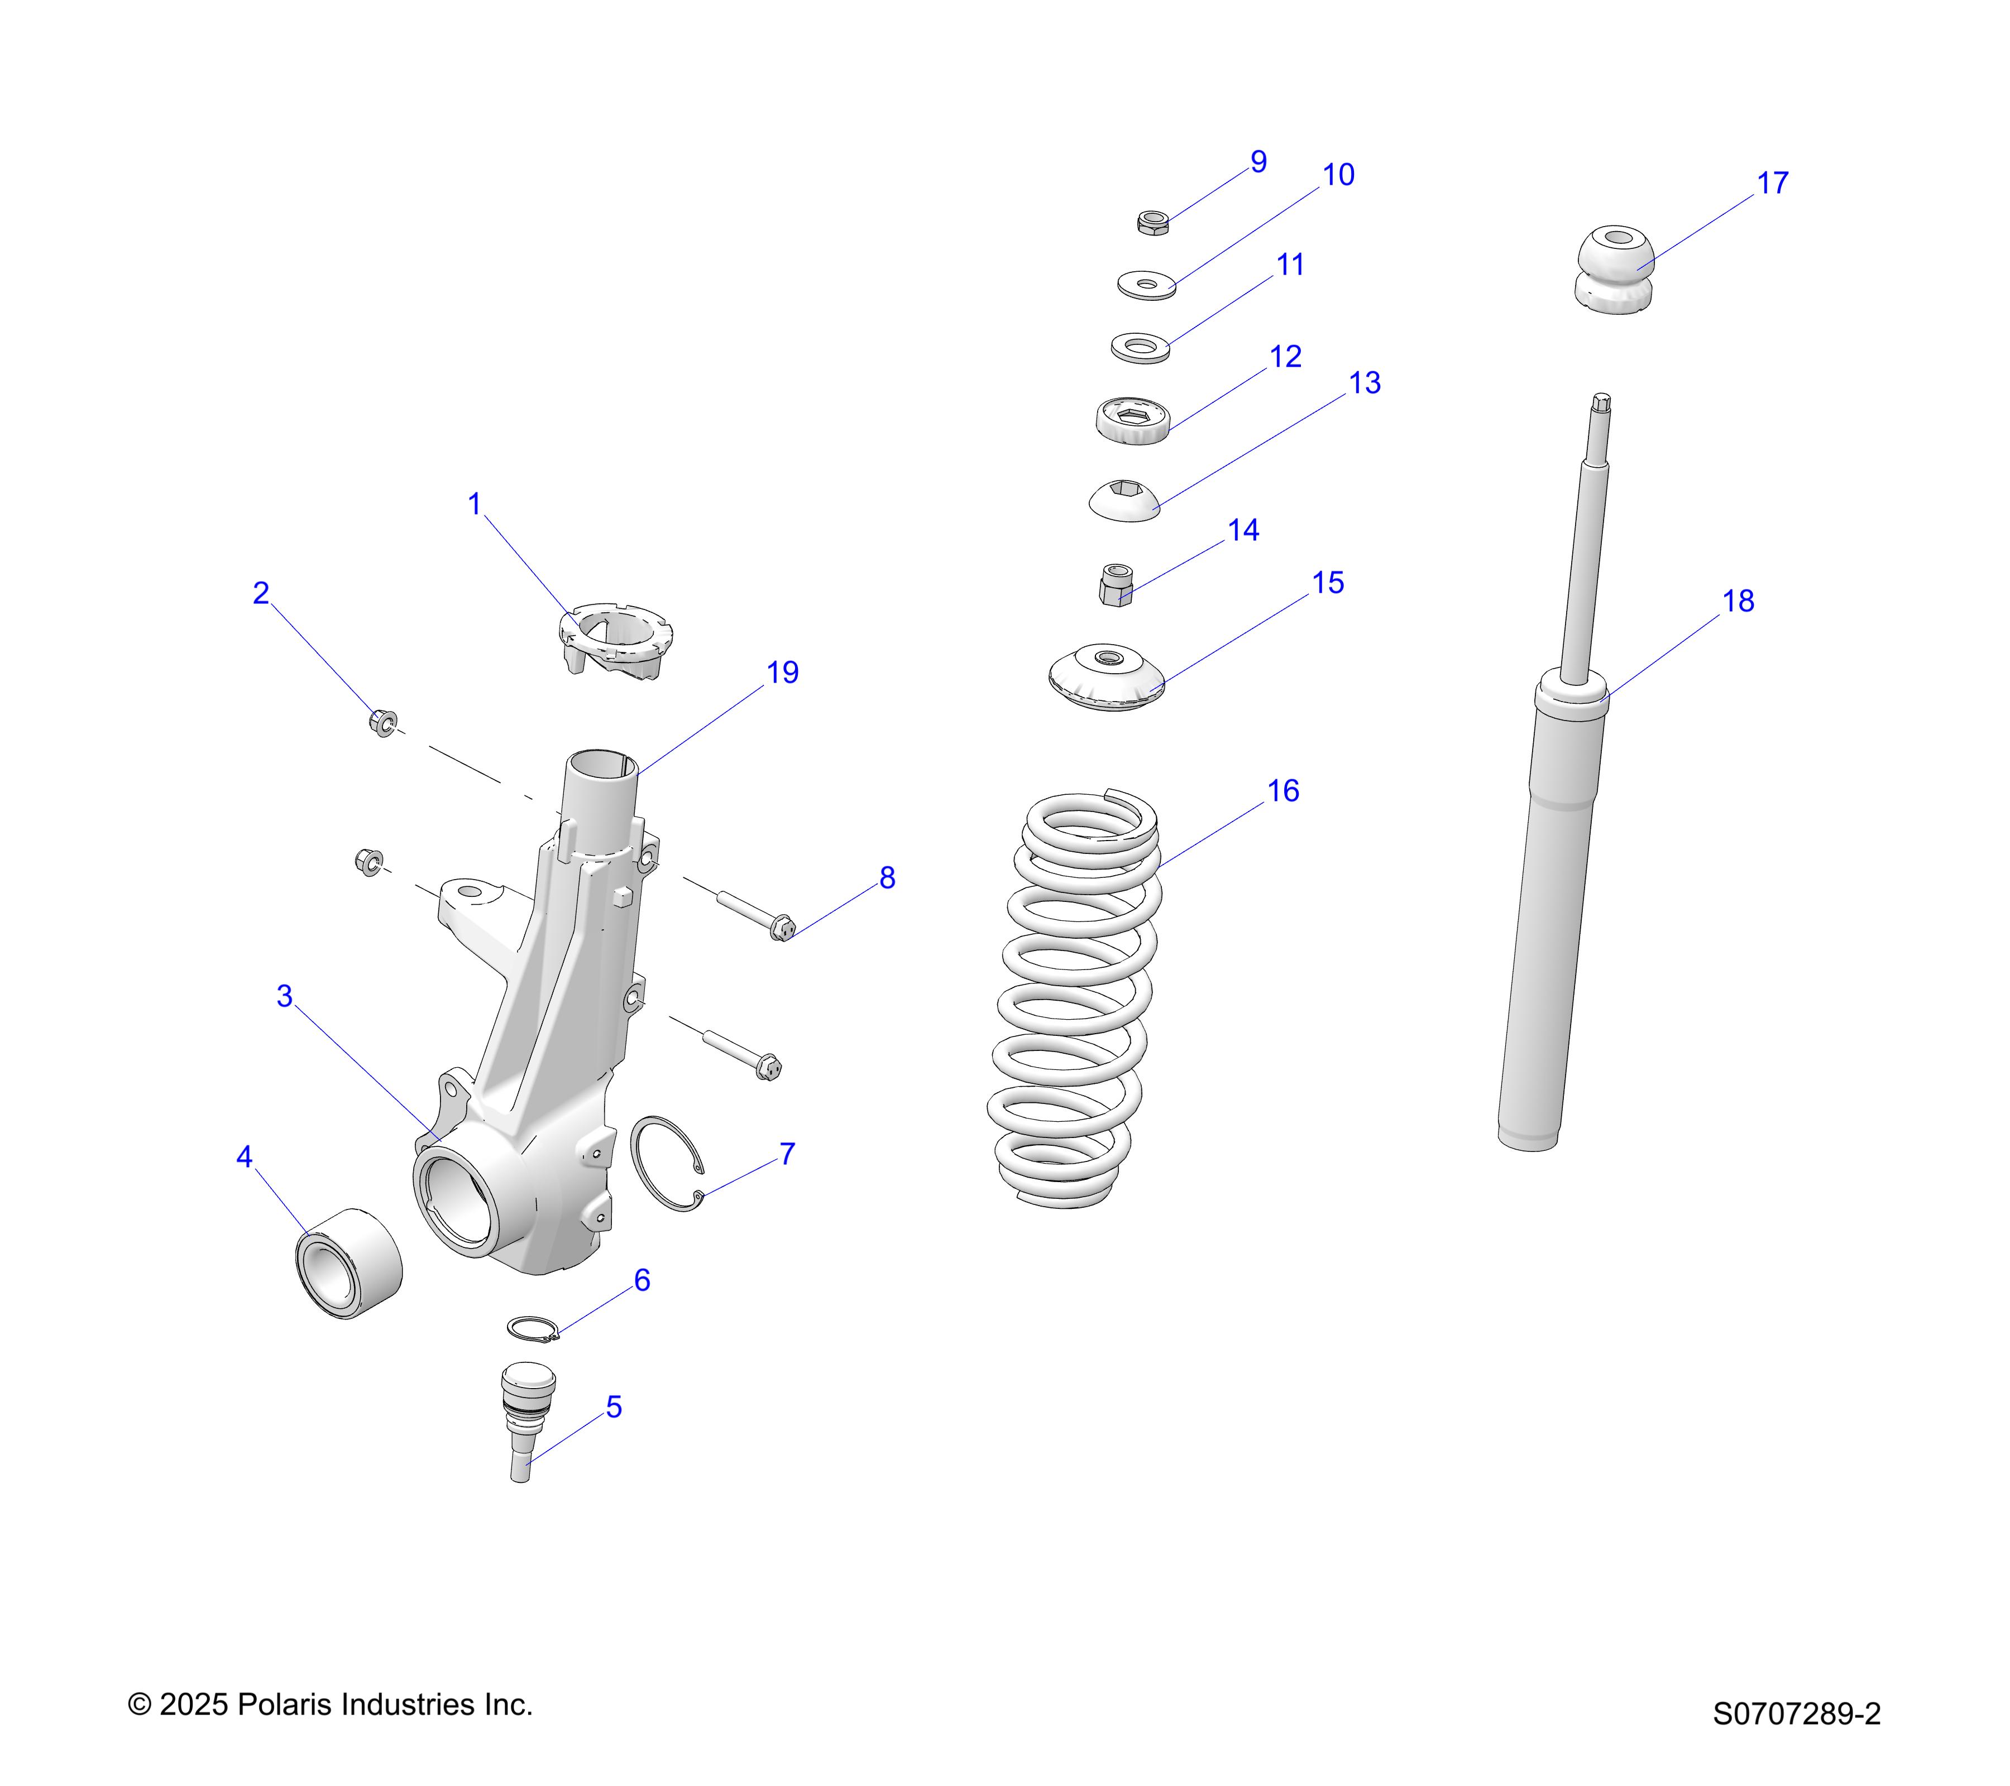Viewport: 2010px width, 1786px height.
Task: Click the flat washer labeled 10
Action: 1147,286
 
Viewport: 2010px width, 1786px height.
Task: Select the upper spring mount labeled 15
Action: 1107,678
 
